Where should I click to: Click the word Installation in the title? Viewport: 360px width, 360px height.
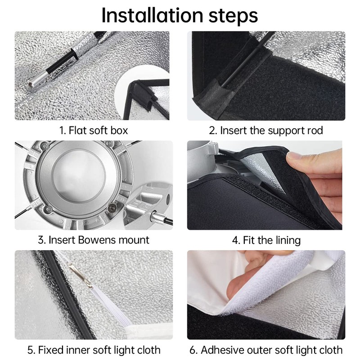pyautogui.click(x=152, y=15)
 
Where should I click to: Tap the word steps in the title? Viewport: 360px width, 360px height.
pyautogui.click(x=233, y=16)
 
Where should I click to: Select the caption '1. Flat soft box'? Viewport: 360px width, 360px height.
pyautogui.click(x=94, y=130)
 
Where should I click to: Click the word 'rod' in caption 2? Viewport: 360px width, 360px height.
pyautogui.click(x=315, y=130)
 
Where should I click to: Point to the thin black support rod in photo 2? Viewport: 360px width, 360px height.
pyautogui.click(x=248, y=59)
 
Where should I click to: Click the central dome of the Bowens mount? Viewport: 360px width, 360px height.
pyautogui.click(x=79, y=175)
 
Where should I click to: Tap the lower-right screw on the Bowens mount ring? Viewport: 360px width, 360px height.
pyautogui.click(x=112, y=208)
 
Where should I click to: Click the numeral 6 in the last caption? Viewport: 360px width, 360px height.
pyautogui.click(x=193, y=350)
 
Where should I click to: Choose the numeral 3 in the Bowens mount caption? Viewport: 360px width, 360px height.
pyautogui.click(x=41, y=240)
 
